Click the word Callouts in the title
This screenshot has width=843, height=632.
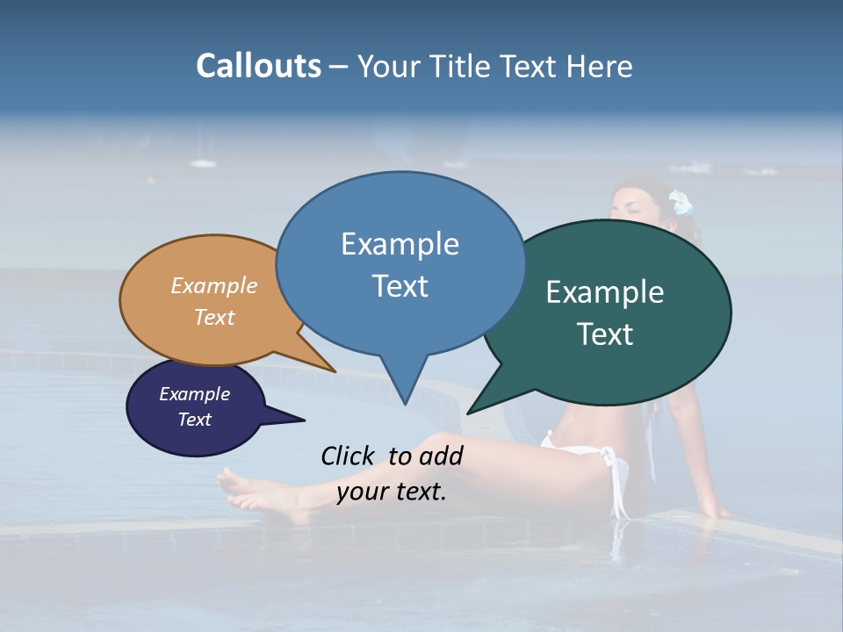pyautogui.click(x=258, y=66)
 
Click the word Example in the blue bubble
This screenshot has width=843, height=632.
pyautogui.click(x=400, y=244)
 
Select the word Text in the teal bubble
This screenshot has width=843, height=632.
pyautogui.click(x=605, y=334)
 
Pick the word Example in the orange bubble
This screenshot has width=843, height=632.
pyautogui.click(x=214, y=285)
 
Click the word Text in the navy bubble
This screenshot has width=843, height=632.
pyautogui.click(x=195, y=420)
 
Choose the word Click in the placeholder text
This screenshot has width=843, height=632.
pyautogui.click(x=348, y=456)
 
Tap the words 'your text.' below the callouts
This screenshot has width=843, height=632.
pyautogui.click(x=392, y=492)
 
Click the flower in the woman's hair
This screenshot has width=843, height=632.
pyautogui.click(x=681, y=204)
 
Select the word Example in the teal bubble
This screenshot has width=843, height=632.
pyautogui.click(x=605, y=292)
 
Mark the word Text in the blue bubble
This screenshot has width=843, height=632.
pyautogui.click(x=400, y=286)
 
